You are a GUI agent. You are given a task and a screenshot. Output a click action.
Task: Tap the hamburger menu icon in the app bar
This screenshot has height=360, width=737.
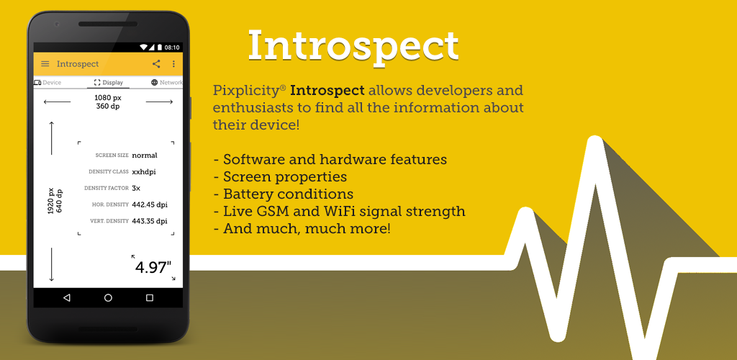tap(45, 64)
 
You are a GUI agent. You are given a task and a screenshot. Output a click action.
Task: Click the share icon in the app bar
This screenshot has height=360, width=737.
tap(156, 64)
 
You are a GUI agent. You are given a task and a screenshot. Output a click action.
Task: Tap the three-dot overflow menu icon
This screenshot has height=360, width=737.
tap(173, 64)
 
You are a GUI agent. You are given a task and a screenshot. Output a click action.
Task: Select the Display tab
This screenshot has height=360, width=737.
tap(109, 83)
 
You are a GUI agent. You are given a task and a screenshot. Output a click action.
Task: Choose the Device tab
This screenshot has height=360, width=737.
tap(48, 83)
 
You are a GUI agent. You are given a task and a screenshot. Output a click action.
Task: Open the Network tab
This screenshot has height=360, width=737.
tap(167, 83)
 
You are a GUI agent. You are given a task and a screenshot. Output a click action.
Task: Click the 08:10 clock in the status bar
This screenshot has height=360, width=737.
tap(172, 48)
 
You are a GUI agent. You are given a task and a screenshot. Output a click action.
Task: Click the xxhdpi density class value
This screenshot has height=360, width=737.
tap(144, 172)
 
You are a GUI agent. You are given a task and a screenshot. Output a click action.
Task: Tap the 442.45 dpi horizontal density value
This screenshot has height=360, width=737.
tap(150, 204)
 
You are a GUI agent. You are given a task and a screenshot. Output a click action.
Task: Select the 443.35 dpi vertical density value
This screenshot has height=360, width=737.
tap(150, 221)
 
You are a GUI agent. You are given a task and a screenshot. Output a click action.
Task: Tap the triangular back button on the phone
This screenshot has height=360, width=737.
tap(67, 297)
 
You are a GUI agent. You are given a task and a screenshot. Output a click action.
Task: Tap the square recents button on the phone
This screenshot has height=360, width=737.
tap(150, 297)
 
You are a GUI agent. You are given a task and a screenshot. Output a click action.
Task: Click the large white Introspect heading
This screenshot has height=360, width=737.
tap(353, 45)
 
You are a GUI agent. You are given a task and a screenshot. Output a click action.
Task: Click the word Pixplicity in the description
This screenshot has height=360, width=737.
tap(248, 90)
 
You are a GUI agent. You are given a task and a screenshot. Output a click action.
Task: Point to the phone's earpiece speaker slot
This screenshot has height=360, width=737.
tap(108, 24)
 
